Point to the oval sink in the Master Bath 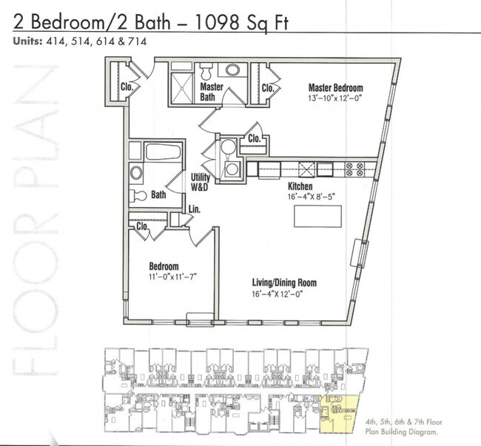tap(233, 71)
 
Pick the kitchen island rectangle tap(317, 217)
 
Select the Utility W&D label tap(201, 182)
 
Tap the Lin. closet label tap(195, 211)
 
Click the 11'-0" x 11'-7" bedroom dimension tap(172, 276)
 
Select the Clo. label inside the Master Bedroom tap(268, 88)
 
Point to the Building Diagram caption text tap(402, 427)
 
